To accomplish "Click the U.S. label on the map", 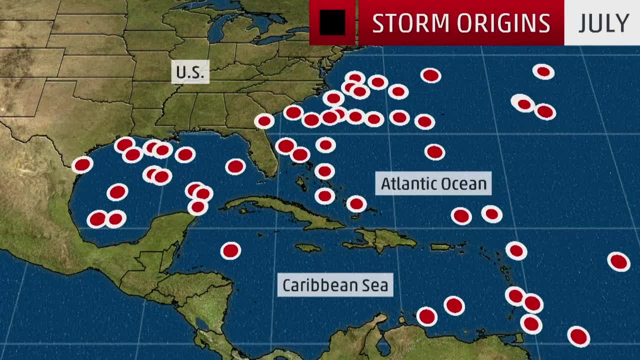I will pyautogui.click(x=190, y=72).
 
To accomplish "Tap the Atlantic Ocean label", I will pyautogui.click(x=433, y=183).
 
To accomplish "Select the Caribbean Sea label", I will pyautogui.click(x=335, y=285).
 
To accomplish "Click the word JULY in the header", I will pyautogui.click(x=603, y=23).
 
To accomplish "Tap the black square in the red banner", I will pyautogui.click(x=332, y=23).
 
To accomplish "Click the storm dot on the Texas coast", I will pyautogui.click(x=82, y=164).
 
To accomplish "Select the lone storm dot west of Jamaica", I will pyautogui.click(x=230, y=250).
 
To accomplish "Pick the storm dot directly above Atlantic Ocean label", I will pyautogui.click(x=434, y=152).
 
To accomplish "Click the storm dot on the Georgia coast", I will pyautogui.click(x=264, y=121).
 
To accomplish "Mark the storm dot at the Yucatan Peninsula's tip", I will pyautogui.click(x=197, y=206).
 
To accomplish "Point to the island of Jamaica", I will pyautogui.click(x=308, y=247).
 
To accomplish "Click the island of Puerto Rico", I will pyautogui.click(x=440, y=246).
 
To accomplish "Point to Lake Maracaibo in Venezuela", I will pyautogui.click(x=383, y=345).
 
